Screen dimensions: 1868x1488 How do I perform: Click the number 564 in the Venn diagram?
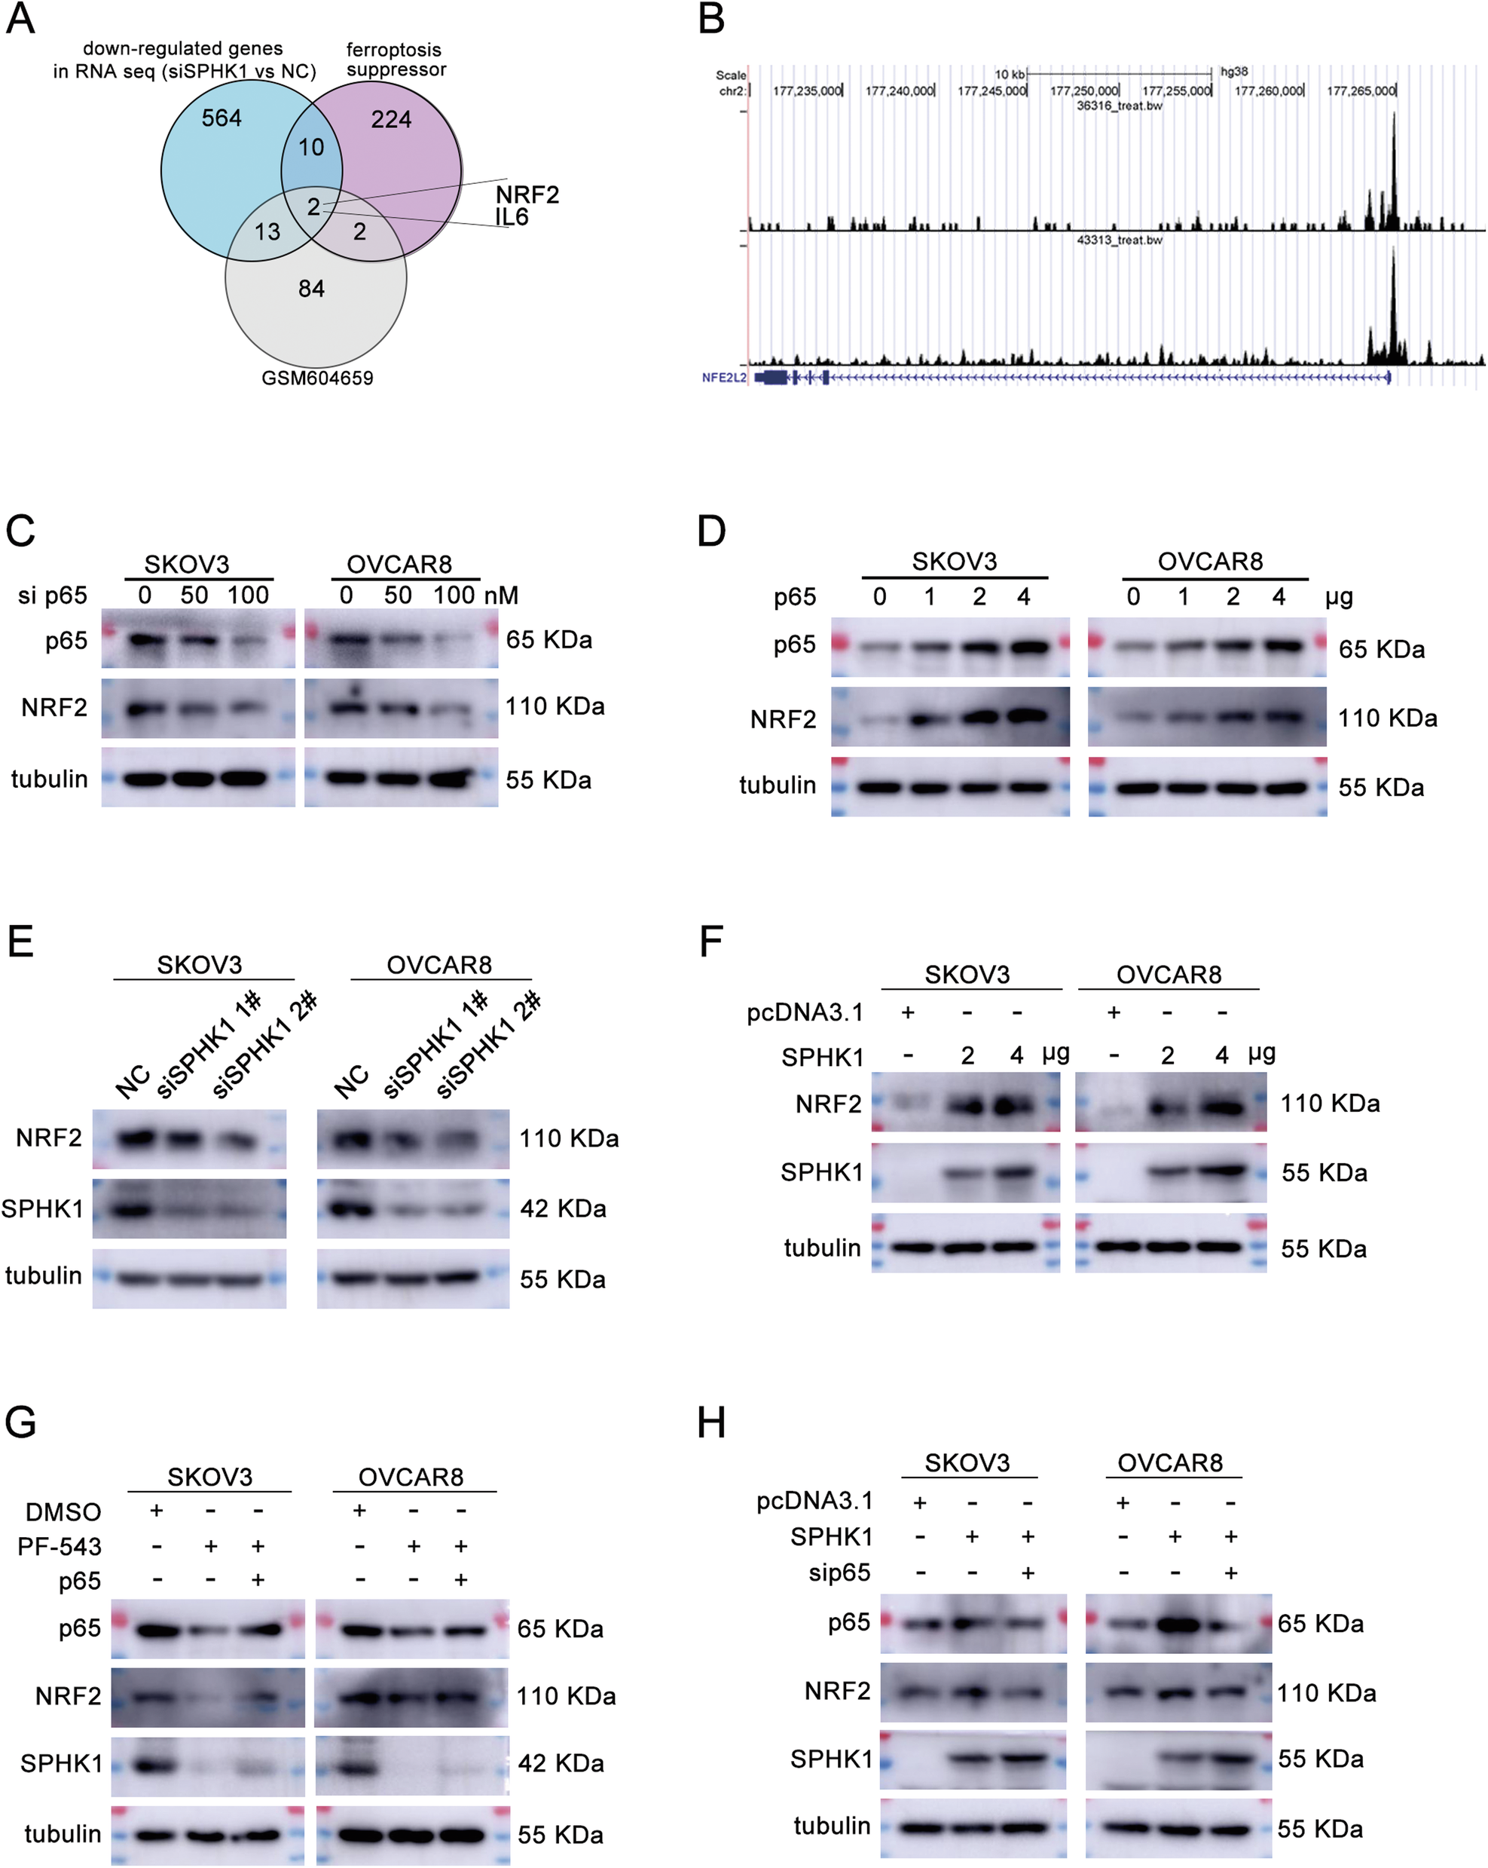[221, 118]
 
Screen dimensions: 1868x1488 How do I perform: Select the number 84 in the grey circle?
[311, 289]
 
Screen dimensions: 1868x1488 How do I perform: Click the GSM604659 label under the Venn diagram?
[317, 378]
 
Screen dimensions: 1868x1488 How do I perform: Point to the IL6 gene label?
[512, 216]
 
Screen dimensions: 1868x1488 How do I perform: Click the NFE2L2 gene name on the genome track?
[723, 378]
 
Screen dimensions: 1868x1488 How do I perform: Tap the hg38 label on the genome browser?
[1234, 72]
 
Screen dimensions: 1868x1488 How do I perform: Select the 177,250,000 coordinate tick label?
[1083, 90]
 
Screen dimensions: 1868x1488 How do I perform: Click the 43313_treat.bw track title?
[1119, 240]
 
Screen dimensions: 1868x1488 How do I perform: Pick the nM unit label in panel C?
[502, 596]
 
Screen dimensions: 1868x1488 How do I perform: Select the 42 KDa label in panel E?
[563, 1208]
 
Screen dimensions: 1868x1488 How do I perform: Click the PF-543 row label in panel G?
[60, 1545]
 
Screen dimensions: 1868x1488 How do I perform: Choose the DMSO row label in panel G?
[63, 1512]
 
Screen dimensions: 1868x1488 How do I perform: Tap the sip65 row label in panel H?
[839, 1572]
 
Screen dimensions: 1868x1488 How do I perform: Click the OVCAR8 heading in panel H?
[1169, 1462]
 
